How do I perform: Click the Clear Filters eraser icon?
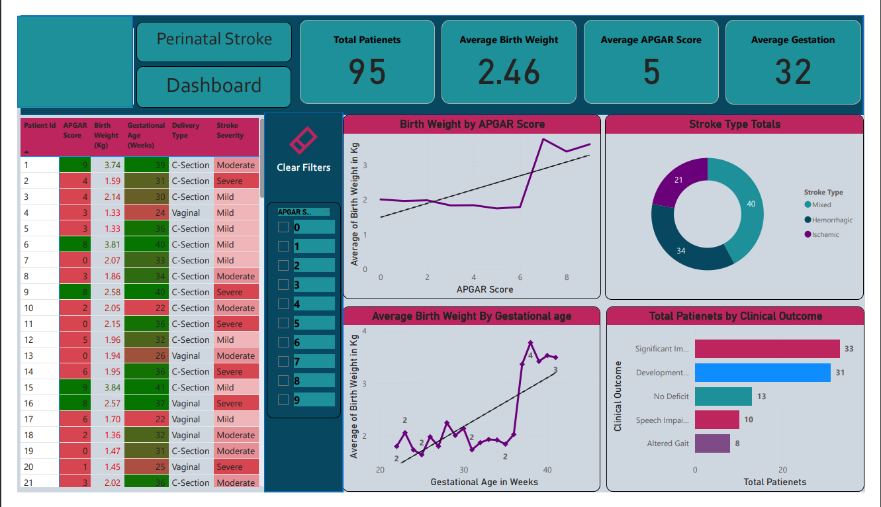pyautogui.click(x=303, y=140)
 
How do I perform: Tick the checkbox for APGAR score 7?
pyautogui.click(x=283, y=361)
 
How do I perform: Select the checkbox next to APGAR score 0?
pyautogui.click(x=283, y=227)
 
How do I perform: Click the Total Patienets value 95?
pyautogui.click(x=367, y=71)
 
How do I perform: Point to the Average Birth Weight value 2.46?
pyautogui.click(x=509, y=71)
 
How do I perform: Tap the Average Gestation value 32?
pyautogui.click(x=793, y=71)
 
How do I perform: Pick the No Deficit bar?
pyautogui.click(x=723, y=396)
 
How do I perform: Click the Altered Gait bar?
pyautogui.click(x=712, y=443)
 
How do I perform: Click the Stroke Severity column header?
pyautogui.click(x=230, y=130)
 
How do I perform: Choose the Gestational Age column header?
pyautogui.click(x=146, y=135)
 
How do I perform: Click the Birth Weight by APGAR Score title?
pyautogui.click(x=472, y=124)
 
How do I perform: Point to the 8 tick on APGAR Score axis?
pyautogui.click(x=567, y=277)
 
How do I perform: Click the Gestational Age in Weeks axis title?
pyautogui.click(x=484, y=482)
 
